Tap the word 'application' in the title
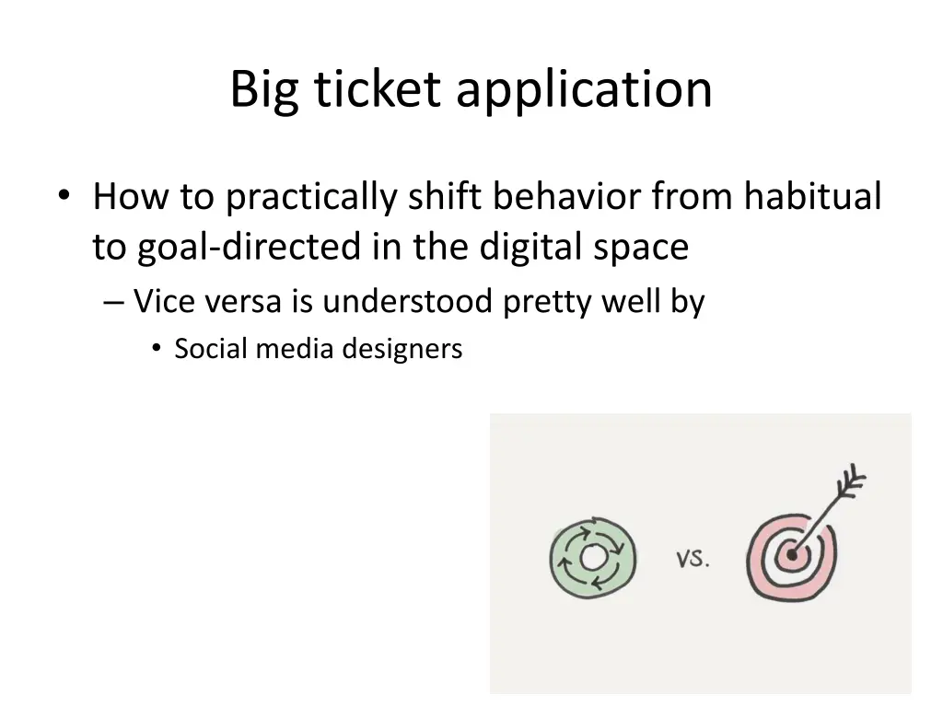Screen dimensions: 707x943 pos(583,91)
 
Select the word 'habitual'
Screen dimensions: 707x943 pos(812,196)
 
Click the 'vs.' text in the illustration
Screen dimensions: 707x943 pos(693,558)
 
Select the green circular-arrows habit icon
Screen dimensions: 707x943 pos(592,557)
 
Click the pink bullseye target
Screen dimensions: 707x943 pos(790,555)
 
